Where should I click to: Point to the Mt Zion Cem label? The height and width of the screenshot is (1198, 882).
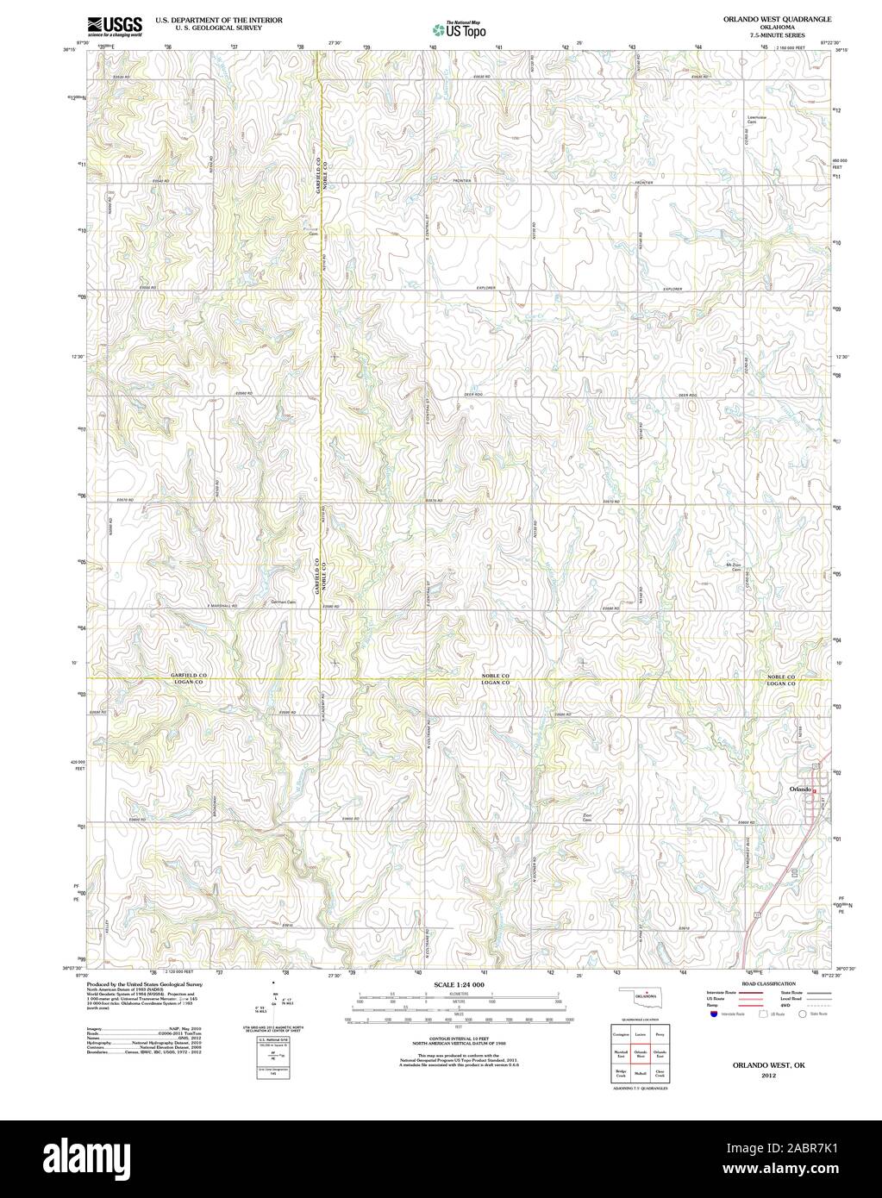coord(735,567)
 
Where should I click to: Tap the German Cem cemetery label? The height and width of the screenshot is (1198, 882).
coord(283,602)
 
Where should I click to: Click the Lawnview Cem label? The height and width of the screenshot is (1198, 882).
coord(758,119)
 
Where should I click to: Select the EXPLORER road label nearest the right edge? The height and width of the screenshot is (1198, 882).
coord(672,289)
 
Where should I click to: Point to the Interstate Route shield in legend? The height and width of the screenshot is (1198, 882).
coord(711,1015)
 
